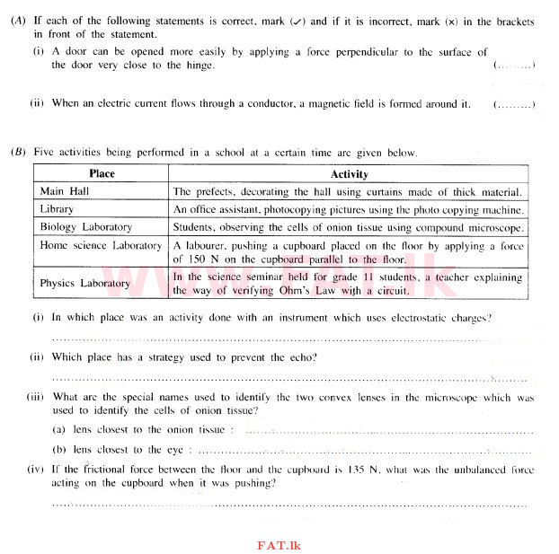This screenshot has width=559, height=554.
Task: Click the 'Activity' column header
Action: tap(349, 174)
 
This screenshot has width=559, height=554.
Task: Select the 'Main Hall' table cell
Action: tap(65, 191)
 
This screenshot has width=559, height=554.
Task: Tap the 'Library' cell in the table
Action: tap(58, 209)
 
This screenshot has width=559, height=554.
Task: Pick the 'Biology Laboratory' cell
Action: tap(86, 227)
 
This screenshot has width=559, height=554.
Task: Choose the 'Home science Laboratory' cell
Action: tap(101, 245)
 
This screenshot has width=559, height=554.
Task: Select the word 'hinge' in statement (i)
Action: tap(197, 66)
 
